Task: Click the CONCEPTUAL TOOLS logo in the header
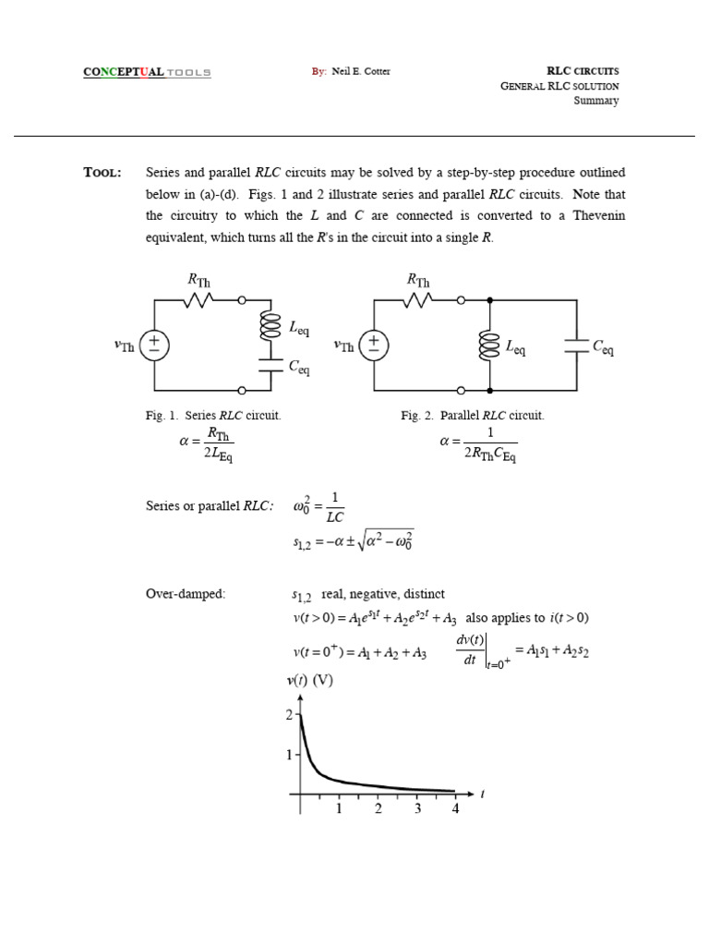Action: click(x=147, y=72)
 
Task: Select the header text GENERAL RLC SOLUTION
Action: click(x=559, y=86)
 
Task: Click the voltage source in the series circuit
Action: click(x=154, y=345)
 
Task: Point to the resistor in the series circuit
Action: click(x=199, y=299)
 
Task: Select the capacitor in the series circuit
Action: click(x=270, y=364)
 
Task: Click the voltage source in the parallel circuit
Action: click(x=374, y=345)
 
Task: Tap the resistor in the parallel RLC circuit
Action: click(x=419, y=299)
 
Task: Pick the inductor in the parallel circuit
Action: click(x=489, y=346)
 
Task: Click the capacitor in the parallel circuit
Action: click(x=577, y=346)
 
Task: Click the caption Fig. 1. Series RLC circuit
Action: click(x=213, y=416)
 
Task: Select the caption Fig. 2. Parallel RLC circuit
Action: click(x=473, y=416)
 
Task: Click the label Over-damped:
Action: click(x=186, y=593)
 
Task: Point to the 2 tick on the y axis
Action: click(x=289, y=715)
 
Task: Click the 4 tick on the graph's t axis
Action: click(x=455, y=809)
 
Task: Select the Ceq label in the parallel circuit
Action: click(x=603, y=348)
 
